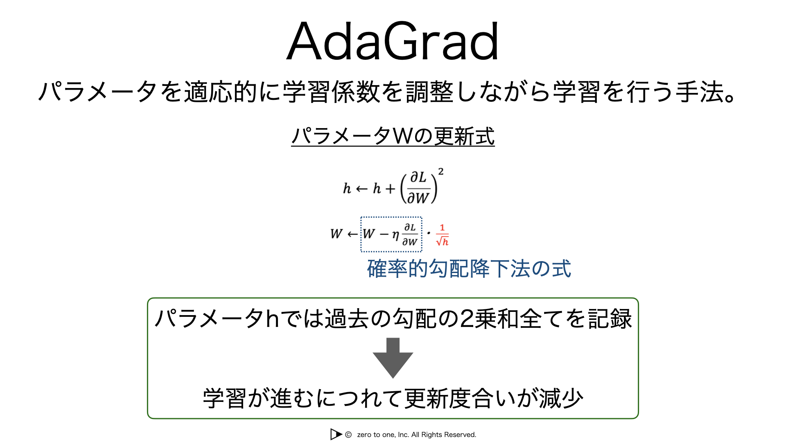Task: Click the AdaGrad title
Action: [x=393, y=41]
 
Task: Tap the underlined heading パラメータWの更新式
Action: [x=393, y=136]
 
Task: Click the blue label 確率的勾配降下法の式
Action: [x=469, y=269]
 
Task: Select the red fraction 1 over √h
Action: [x=442, y=235]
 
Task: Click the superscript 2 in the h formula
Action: [x=441, y=171]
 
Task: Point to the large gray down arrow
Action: [x=393, y=358]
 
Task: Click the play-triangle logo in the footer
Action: [x=336, y=434]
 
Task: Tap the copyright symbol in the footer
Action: [x=348, y=435]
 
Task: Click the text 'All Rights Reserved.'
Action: [x=444, y=435]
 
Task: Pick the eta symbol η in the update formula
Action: [x=395, y=235]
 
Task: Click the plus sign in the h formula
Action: [x=391, y=189]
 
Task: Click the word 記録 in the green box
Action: [x=610, y=319]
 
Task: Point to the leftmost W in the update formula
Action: [x=337, y=234]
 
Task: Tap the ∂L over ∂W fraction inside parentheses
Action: [x=419, y=188]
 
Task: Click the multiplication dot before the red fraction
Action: [x=429, y=233]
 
